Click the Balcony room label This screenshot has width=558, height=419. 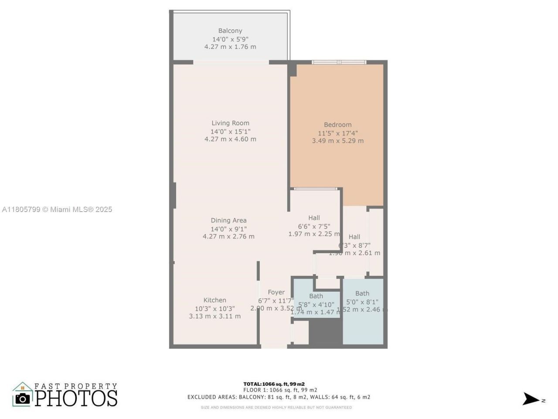[230, 31]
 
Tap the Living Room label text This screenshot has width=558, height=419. [230, 123]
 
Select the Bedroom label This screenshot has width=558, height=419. [337, 124]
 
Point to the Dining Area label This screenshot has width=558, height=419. [228, 220]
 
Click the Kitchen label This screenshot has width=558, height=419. [214, 300]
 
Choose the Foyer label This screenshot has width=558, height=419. [276, 292]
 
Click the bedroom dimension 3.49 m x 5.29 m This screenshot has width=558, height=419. [337, 141]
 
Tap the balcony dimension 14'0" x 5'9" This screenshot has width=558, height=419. [230, 39]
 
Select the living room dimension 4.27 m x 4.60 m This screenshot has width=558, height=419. [230, 139]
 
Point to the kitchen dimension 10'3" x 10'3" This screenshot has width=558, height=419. [214, 308]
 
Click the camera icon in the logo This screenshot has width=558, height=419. [23, 398]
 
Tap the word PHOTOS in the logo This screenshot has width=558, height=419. [76, 398]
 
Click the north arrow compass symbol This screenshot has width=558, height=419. [531, 399]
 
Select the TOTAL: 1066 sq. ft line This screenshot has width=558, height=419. [274, 384]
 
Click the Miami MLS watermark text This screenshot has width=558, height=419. [57, 209]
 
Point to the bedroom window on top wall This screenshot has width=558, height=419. [339, 62]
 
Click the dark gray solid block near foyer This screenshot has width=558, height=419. [325, 333]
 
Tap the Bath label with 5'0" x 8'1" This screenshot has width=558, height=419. [362, 293]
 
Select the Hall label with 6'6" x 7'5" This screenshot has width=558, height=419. [314, 218]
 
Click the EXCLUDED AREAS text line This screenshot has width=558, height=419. [279, 397]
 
